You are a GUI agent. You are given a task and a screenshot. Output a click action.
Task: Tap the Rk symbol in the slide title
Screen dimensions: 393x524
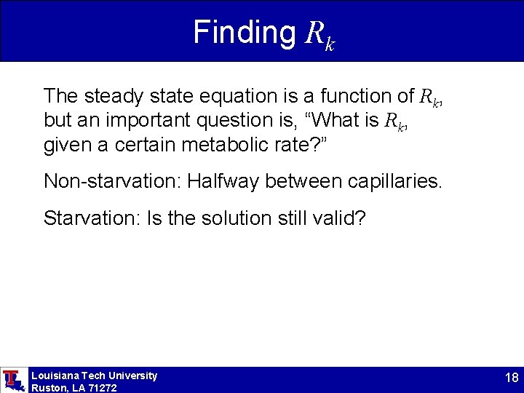(319, 35)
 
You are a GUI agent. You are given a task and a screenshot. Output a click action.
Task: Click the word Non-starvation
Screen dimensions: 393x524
(112, 181)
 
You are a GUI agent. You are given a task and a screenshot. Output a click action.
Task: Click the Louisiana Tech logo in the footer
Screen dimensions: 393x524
(12, 380)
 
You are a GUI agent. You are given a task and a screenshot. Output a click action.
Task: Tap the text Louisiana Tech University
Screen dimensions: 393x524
(94, 376)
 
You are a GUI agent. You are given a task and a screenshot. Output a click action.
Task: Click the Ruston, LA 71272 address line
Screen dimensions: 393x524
(74, 388)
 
